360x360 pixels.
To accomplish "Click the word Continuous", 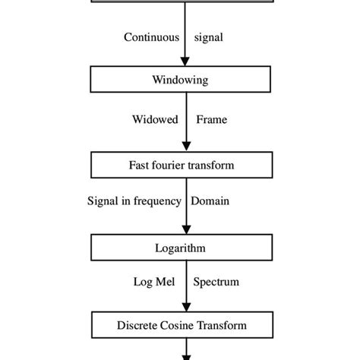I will (152, 36).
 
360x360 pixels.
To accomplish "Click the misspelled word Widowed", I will (154, 119).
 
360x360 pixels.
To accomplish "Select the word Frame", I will (211, 119).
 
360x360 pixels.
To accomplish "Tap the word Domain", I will (210, 201).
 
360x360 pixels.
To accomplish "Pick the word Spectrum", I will (216, 282).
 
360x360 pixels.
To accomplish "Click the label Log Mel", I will (155, 282).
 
